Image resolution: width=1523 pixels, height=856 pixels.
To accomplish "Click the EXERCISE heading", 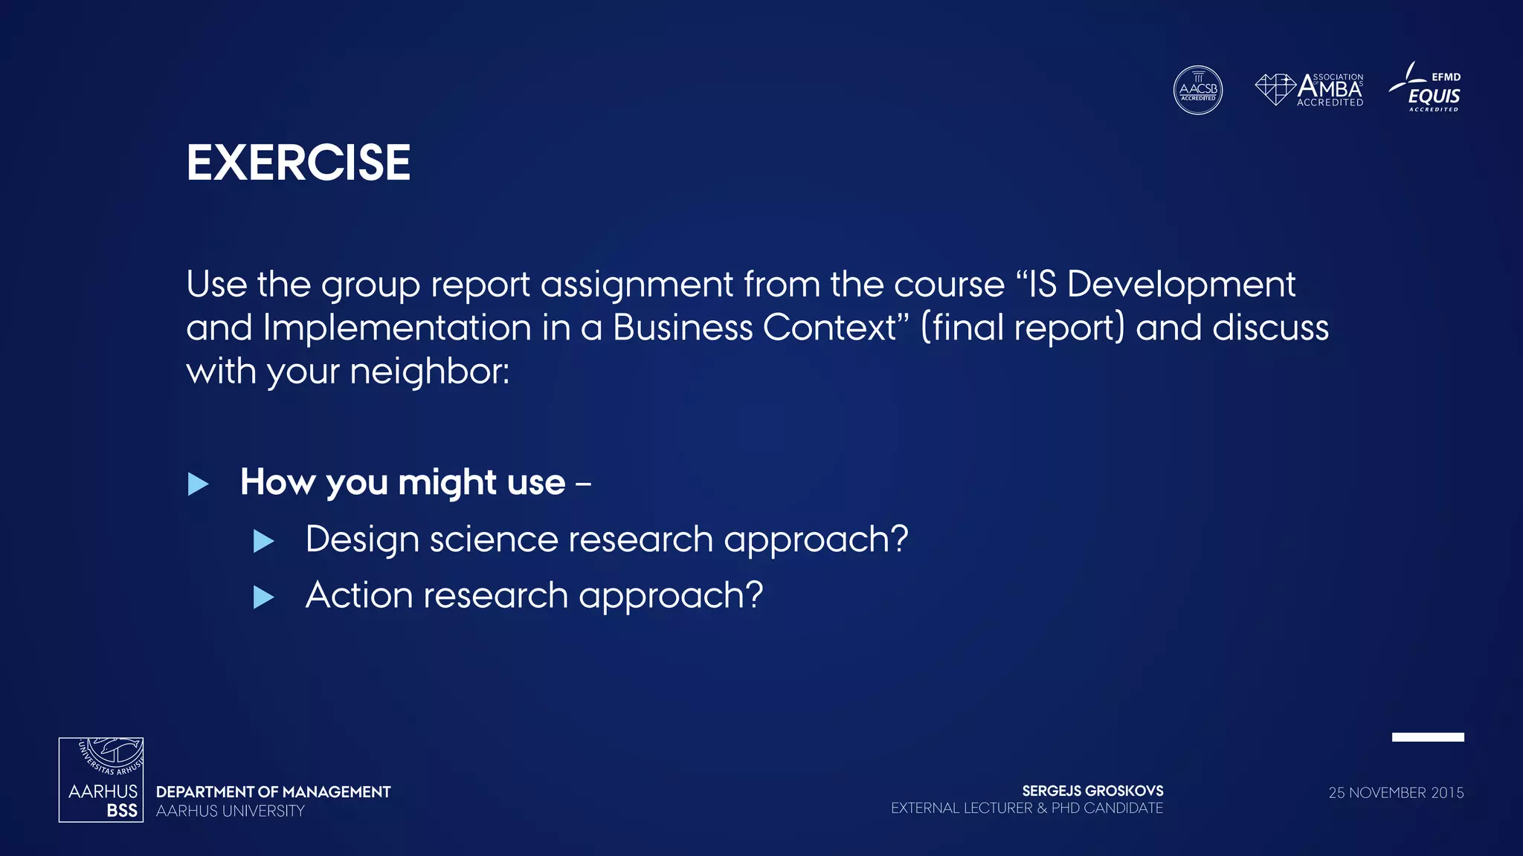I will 298,163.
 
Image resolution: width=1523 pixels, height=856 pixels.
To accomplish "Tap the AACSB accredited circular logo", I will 1197,90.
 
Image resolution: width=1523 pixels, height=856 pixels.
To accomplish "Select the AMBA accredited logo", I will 1310,90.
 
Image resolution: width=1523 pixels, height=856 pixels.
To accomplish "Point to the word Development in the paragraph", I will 1181,285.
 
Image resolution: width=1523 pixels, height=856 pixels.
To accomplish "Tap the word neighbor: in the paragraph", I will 429,372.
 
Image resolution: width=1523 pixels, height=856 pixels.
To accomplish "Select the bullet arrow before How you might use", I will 198,484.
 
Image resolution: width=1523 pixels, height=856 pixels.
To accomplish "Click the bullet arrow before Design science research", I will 263,541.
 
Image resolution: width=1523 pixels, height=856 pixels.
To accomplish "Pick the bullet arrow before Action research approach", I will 263,597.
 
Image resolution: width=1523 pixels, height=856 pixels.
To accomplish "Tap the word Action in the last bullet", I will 359,595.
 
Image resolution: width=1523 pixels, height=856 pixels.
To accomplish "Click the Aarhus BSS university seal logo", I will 101,779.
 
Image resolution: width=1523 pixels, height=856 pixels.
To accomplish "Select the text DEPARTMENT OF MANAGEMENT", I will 273,792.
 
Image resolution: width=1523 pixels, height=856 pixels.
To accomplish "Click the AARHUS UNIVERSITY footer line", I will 231,811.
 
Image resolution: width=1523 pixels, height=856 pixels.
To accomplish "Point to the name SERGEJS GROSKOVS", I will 1092,791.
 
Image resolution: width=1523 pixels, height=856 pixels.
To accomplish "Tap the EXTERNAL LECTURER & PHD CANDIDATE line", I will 1026,808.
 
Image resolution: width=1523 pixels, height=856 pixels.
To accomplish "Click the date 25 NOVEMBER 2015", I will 1396,793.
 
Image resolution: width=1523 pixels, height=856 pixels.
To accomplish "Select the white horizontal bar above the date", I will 1427,737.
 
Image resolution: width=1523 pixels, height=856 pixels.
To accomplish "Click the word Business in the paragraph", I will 682,328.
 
